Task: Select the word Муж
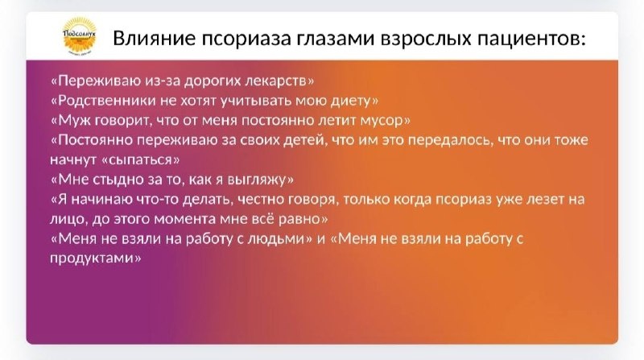coord(72,121)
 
